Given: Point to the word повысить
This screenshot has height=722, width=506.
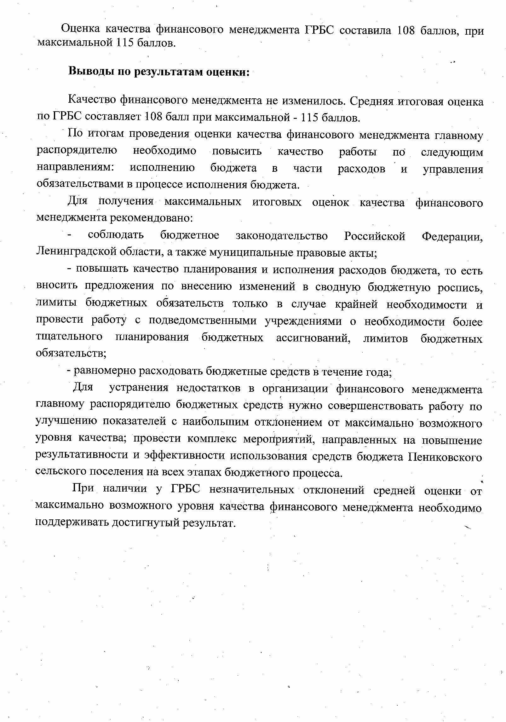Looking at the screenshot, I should click(237, 151).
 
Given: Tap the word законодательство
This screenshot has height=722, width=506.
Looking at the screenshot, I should click(282, 235).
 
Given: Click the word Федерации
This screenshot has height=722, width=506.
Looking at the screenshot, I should click(452, 236).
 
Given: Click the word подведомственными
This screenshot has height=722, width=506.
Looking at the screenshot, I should click(203, 321).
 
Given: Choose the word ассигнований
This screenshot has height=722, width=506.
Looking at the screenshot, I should click(313, 338).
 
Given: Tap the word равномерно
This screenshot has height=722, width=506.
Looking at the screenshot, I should click(105, 371).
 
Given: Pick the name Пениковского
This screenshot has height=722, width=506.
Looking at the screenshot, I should click(445, 457).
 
